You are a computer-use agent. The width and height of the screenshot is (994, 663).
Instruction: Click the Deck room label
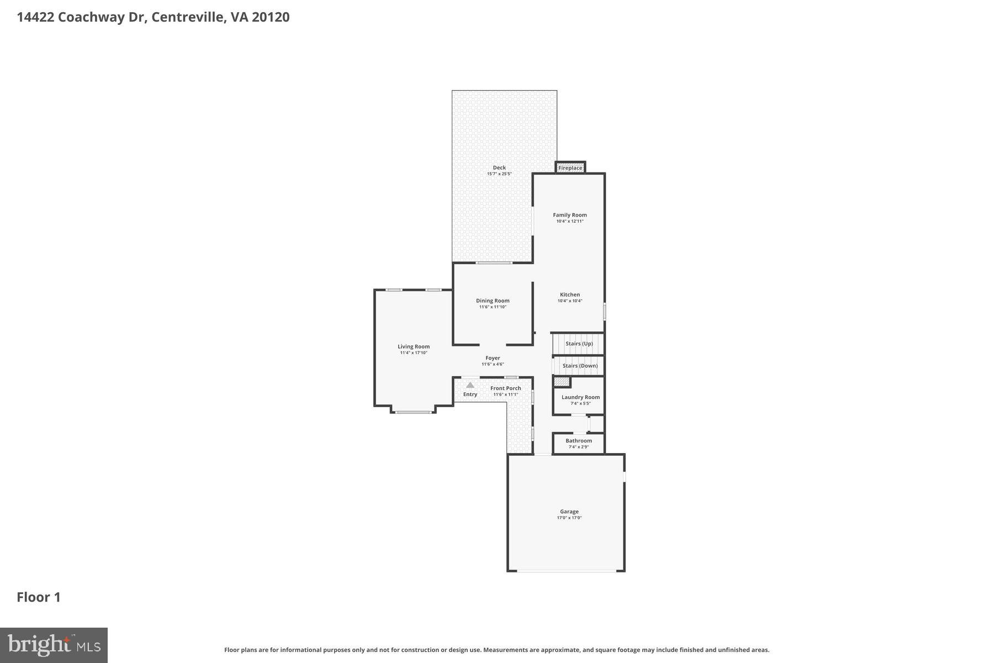click(499, 167)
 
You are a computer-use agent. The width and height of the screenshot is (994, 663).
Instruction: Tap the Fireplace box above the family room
click(570, 168)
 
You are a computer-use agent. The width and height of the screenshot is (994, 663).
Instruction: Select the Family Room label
click(570, 215)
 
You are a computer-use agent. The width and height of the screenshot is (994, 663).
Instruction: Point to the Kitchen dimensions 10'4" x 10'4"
click(570, 301)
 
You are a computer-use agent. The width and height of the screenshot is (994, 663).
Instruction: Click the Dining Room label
click(493, 301)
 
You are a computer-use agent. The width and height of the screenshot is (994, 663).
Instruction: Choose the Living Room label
click(414, 346)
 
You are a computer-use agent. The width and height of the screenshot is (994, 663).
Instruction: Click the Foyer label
click(493, 358)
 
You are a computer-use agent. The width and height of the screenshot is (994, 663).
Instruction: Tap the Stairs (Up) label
click(579, 344)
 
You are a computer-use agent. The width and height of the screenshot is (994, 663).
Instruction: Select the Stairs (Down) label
click(580, 366)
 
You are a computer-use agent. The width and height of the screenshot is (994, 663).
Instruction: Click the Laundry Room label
click(580, 397)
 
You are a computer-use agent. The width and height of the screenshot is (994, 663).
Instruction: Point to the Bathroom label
click(579, 441)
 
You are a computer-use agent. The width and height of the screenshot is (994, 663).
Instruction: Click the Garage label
click(569, 512)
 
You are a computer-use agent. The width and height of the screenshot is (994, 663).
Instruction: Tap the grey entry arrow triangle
click(470, 385)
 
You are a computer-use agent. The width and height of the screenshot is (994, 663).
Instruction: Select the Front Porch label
click(506, 388)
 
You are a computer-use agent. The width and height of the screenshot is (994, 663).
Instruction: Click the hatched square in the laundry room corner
click(562, 382)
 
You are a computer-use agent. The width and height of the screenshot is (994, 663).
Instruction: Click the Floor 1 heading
click(39, 597)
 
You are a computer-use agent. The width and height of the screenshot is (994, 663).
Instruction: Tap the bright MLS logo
click(54, 645)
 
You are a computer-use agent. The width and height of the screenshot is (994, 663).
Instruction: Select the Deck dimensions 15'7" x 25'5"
click(499, 174)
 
